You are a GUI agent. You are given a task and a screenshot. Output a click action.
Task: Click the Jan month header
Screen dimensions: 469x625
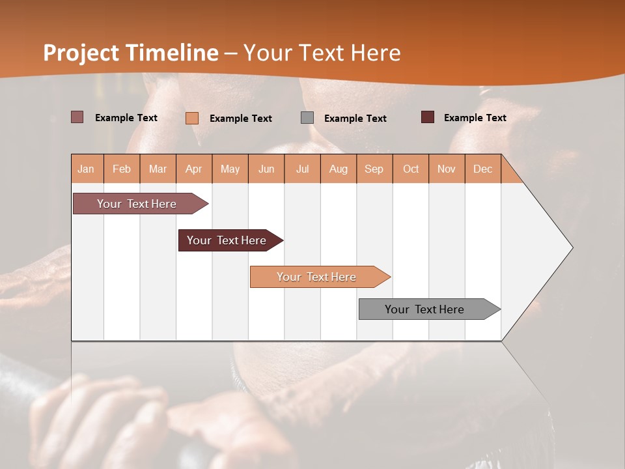(86, 169)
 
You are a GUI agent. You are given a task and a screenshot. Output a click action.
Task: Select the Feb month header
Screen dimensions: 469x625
(122, 169)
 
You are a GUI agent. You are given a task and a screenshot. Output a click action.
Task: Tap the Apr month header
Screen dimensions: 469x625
(193, 169)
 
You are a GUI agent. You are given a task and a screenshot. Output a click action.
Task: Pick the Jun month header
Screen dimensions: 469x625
(266, 169)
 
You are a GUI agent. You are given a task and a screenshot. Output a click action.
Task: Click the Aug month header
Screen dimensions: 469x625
(338, 169)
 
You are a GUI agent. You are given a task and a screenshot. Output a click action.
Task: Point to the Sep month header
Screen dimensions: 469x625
(374, 169)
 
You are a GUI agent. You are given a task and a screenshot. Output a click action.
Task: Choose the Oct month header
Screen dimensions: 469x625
(411, 169)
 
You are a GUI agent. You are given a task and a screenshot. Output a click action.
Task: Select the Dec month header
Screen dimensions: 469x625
(482, 169)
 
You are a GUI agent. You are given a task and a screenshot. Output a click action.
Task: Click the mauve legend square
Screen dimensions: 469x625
(77, 117)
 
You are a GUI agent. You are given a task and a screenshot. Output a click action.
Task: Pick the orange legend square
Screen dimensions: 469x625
(192, 118)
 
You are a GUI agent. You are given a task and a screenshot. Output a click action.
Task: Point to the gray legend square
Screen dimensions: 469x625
(307, 118)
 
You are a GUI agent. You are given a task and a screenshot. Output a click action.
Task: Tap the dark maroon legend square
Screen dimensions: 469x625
(428, 117)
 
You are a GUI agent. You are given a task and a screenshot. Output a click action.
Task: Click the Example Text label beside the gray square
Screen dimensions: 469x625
(355, 119)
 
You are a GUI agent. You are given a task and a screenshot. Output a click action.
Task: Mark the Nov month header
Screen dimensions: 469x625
(447, 169)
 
